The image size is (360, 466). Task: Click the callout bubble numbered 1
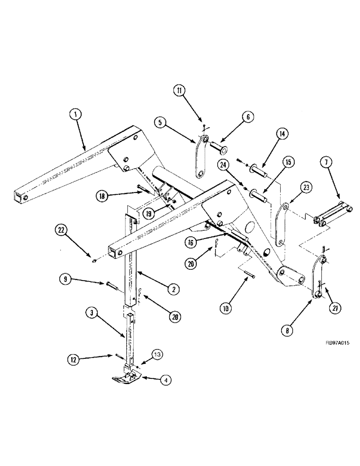point(75,113)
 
